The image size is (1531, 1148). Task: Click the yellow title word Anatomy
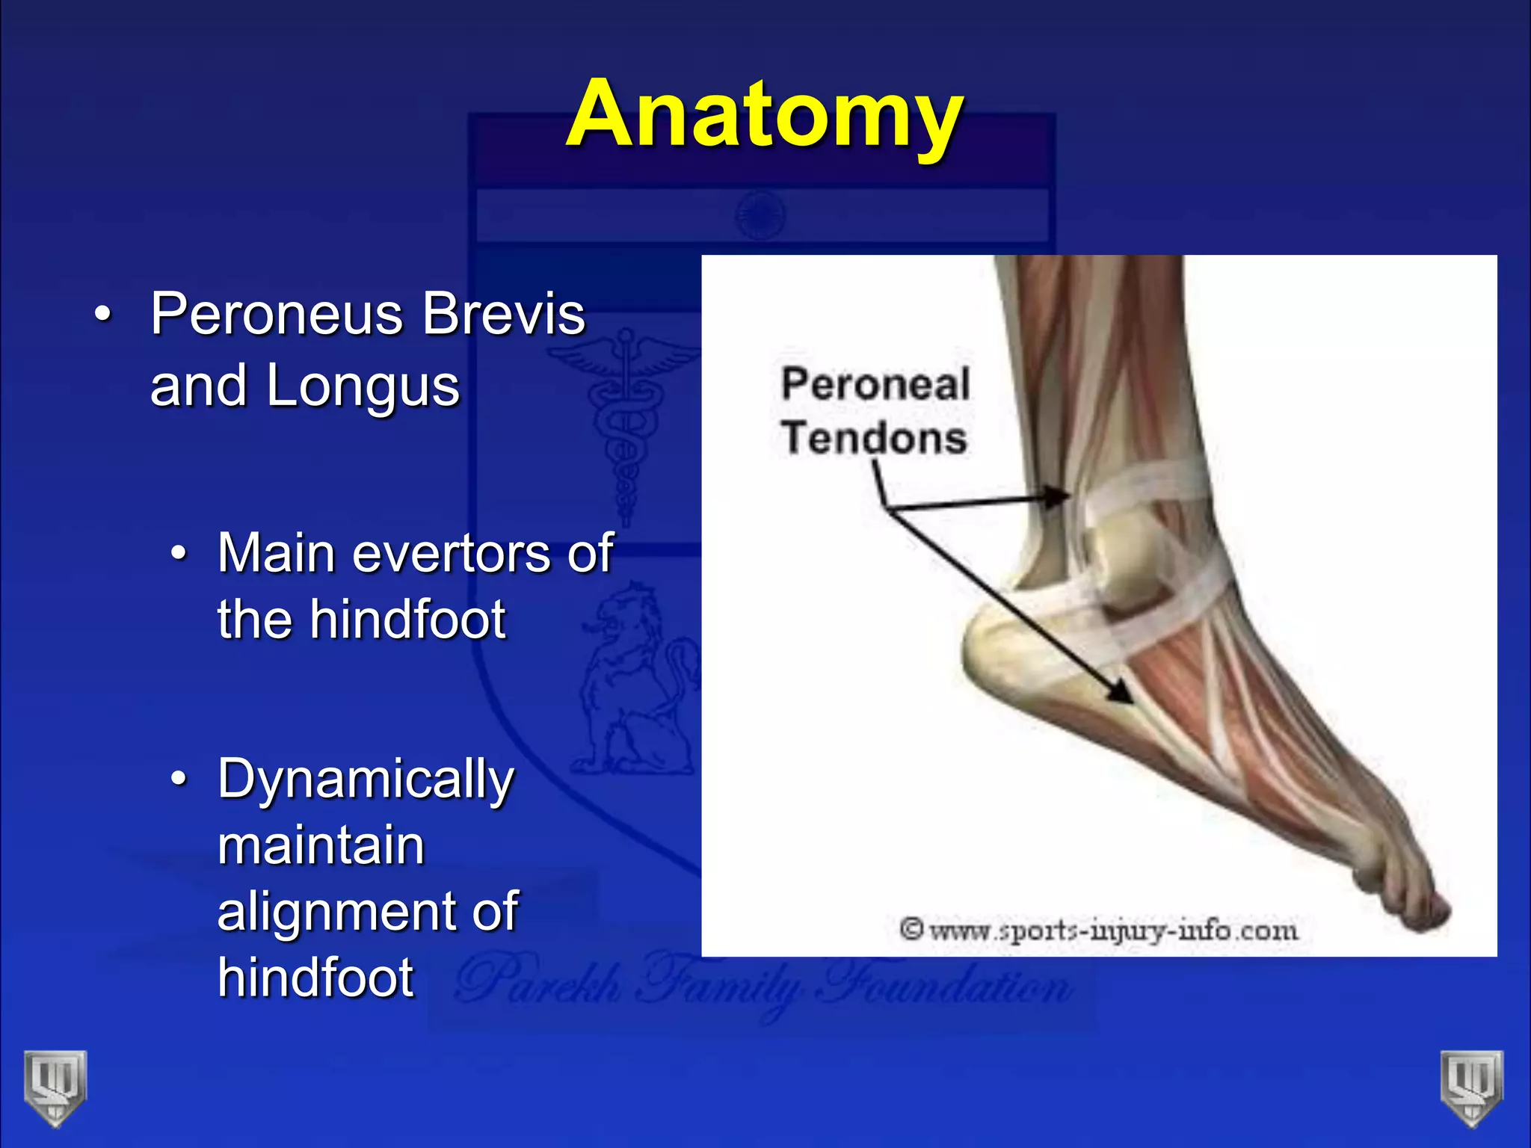pyautogui.click(x=764, y=116)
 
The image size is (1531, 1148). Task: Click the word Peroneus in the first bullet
pyautogui.click(x=276, y=314)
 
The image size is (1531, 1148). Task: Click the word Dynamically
pyautogui.click(x=366, y=780)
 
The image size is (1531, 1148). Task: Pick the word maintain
pyautogui.click(x=321, y=845)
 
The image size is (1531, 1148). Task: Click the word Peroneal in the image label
pyautogui.click(x=875, y=384)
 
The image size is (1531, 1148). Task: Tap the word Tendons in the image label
pyautogui.click(x=875, y=437)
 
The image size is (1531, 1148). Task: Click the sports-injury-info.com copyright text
pyautogui.click(x=1099, y=931)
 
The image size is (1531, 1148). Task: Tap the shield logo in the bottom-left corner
pyautogui.click(x=55, y=1087)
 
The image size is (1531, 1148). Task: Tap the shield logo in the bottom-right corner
pyautogui.click(x=1471, y=1087)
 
